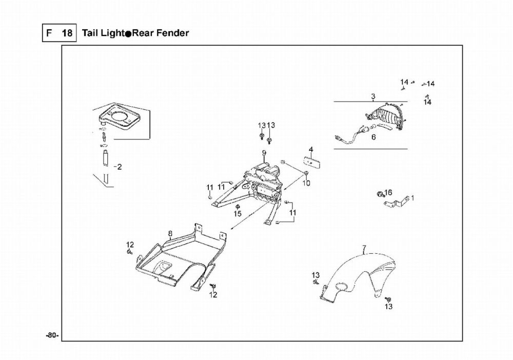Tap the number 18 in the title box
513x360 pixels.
pyautogui.click(x=67, y=33)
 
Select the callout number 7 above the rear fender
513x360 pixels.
pyautogui.click(x=364, y=248)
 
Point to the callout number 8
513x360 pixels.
pyautogui.click(x=170, y=233)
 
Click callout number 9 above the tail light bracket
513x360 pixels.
pyautogui.click(x=264, y=153)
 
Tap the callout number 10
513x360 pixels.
pyautogui.click(x=306, y=183)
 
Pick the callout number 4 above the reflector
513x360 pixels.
pyautogui.click(x=311, y=150)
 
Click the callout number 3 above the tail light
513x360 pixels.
pyautogui.click(x=373, y=96)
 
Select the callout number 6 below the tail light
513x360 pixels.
pyautogui.click(x=373, y=137)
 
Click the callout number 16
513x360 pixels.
pyautogui.click(x=388, y=192)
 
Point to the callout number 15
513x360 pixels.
pyautogui.click(x=238, y=213)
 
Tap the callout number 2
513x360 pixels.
pyautogui.click(x=120, y=167)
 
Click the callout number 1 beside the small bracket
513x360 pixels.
pyautogui.click(x=412, y=198)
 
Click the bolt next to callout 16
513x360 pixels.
pyautogui.click(x=380, y=194)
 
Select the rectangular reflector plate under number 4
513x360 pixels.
pyautogui.click(x=312, y=162)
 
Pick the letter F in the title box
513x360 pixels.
pyautogui.click(x=49, y=33)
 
